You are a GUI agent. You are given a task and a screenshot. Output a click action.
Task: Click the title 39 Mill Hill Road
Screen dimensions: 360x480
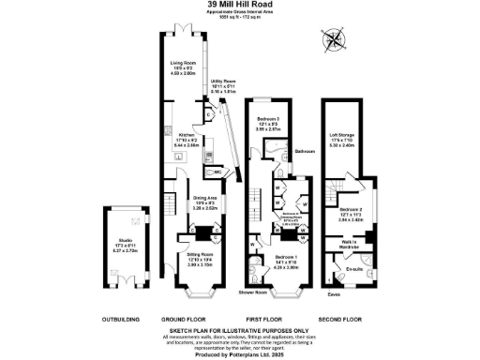(240, 6)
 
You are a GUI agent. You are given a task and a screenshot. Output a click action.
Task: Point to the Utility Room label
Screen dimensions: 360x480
(223, 84)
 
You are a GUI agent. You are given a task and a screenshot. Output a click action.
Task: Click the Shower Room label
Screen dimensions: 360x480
(253, 293)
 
